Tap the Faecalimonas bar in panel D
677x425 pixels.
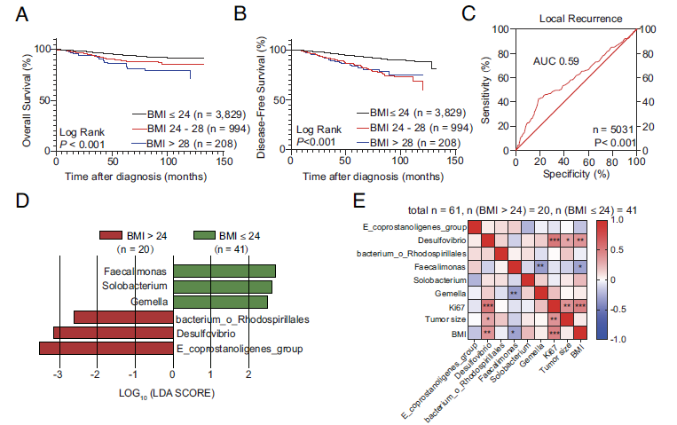[x=224, y=272]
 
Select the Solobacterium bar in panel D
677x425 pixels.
[x=222, y=287]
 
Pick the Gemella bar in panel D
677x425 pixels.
[x=220, y=302]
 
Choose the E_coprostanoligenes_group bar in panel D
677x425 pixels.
[x=106, y=348]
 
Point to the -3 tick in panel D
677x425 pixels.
[x=58, y=375]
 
